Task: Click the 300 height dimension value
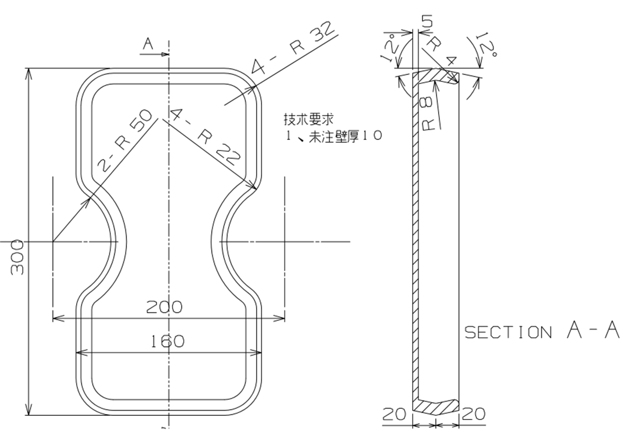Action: click(x=17, y=257)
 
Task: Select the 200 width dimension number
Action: click(x=164, y=307)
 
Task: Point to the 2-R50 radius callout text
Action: click(x=125, y=142)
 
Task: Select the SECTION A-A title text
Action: click(x=541, y=331)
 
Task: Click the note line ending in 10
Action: click(x=333, y=136)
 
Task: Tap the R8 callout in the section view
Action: click(x=430, y=113)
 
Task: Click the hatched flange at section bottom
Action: click(x=437, y=406)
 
